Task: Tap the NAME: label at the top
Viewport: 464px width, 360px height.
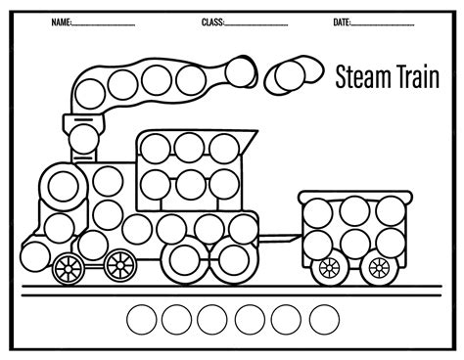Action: click(x=62, y=22)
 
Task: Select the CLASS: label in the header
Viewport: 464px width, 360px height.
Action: click(x=212, y=22)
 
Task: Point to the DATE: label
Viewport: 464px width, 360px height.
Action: click(x=342, y=22)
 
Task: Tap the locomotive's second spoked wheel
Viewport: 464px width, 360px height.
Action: click(x=118, y=263)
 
